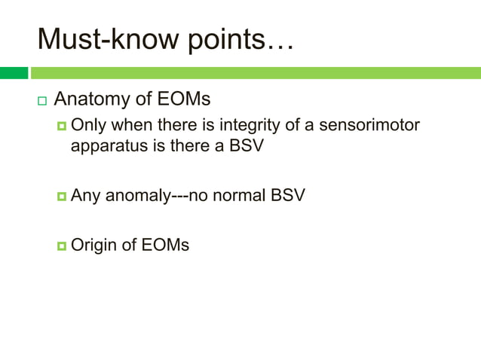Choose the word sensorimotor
coord(369,124)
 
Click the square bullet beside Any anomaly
coord(61,197)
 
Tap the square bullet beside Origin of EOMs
coord(61,246)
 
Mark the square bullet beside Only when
coord(61,125)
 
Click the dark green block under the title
coord(14,73)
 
